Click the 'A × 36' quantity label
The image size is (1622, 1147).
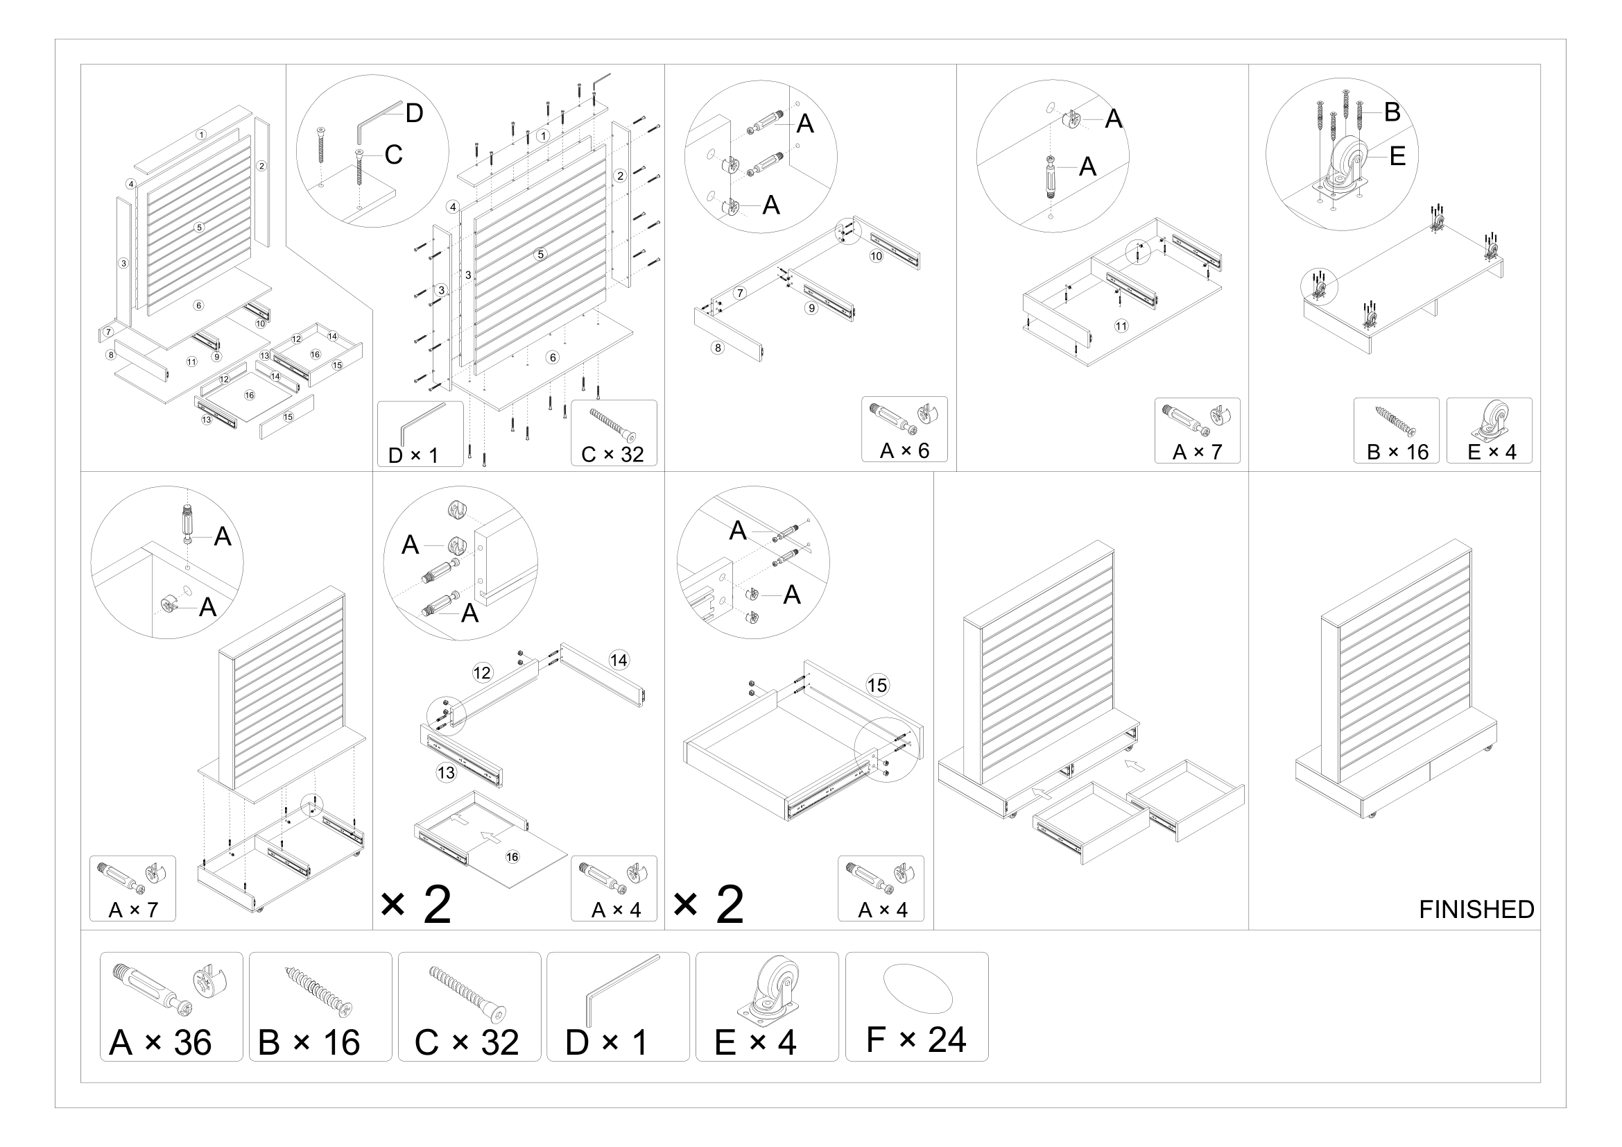(160, 1043)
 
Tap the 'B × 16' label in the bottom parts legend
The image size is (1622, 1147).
(309, 1043)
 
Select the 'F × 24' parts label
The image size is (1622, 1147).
(915, 1039)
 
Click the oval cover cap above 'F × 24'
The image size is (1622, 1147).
(917, 987)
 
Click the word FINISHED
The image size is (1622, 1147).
(1476, 910)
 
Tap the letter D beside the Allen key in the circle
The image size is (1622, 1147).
(414, 113)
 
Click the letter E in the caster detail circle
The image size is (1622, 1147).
(1397, 156)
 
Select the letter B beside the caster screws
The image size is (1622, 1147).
(1391, 112)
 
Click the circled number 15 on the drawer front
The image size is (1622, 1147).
(877, 685)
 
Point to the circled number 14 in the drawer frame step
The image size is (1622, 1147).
(619, 660)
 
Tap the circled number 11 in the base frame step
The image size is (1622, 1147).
(1121, 326)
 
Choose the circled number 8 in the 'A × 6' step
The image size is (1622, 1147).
(718, 348)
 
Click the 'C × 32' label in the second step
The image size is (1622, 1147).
(612, 454)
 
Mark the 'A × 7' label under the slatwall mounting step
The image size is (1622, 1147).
(133, 910)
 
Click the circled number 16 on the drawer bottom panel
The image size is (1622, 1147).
(512, 857)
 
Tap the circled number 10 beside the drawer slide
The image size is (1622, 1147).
(876, 256)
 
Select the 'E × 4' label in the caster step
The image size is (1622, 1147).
(1492, 452)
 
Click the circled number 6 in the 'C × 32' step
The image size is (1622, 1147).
(553, 357)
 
